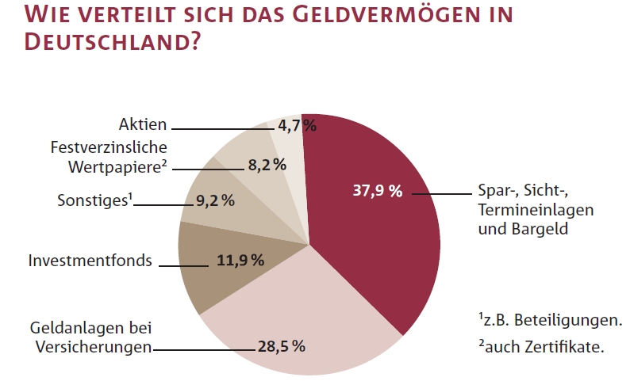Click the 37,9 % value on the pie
click(x=377, y=192)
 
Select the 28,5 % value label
click(x=281, y=346)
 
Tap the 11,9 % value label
click(x=240, y=261)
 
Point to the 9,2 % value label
click(x=215, y=200)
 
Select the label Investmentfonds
click(x=90, y=260)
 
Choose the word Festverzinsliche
click(x=109, y=147)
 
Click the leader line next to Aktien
click(x=222, y=128)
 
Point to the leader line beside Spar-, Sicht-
click(x=440, y=192)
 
